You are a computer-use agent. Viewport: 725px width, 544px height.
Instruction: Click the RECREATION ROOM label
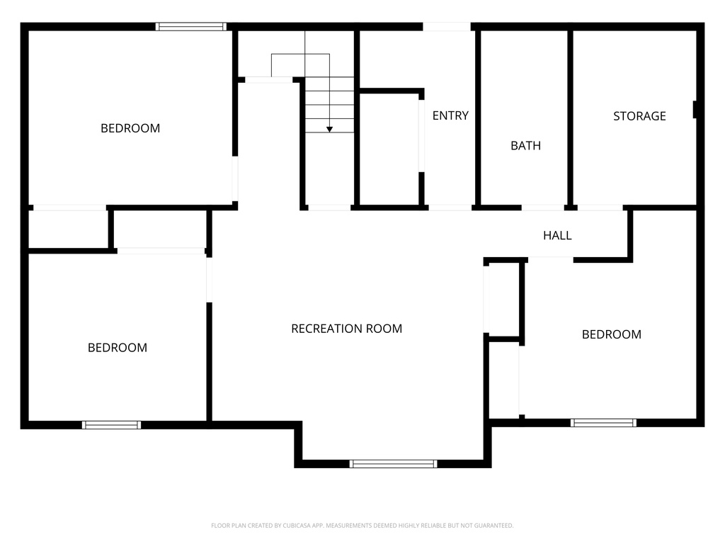coord(346,329)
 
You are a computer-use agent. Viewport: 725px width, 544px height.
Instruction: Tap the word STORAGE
coord(639,116)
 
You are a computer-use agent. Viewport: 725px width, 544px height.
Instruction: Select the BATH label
coord(525,146)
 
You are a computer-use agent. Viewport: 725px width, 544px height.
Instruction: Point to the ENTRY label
coord(450,115)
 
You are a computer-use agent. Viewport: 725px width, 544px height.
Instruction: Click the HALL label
coord(557,235)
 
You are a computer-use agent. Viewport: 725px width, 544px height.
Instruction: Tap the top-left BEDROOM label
coord(130,128)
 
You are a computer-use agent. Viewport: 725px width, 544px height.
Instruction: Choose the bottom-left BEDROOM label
coord(118,348)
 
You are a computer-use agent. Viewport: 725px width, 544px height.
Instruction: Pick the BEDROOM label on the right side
coord(611,334)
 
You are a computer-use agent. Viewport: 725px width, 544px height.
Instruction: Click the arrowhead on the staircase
coord(329,129)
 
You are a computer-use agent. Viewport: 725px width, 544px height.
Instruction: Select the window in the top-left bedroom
coord(191,27)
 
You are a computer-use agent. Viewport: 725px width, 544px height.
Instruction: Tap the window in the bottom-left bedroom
coord(111,425)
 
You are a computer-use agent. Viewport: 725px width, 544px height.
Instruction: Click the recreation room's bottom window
coord(393,464)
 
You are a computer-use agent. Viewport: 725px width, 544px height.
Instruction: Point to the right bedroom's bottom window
coord(603,423)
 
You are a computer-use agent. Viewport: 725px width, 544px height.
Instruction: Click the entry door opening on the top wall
coord(447,27)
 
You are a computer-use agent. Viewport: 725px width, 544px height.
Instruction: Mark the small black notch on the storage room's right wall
coord(695,110)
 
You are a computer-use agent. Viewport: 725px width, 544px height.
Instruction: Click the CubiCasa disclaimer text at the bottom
coord(362,526)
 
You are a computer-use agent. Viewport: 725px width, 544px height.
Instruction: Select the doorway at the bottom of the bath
coord(543,208)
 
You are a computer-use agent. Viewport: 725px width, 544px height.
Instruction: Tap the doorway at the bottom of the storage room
coord(600,208)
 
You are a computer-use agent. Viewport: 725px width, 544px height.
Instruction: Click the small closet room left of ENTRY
coord(389,149)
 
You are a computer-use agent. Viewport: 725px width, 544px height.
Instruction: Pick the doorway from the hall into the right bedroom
coord(550,259)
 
